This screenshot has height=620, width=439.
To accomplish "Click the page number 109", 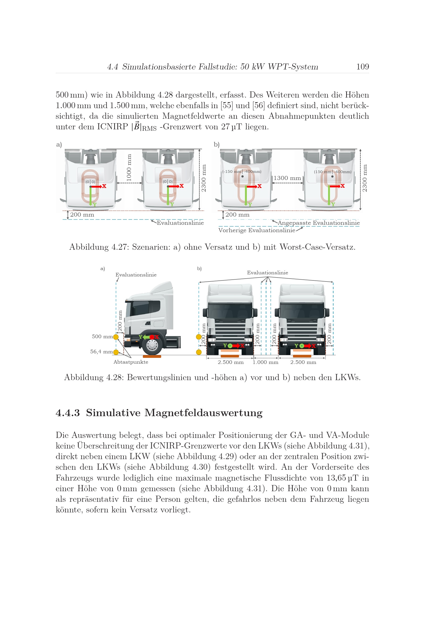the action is point(363,67).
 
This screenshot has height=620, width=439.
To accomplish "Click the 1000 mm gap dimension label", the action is point(129,168).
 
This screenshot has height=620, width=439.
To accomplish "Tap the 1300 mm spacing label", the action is point(287,178).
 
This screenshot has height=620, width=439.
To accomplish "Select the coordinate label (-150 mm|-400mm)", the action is point(242,172).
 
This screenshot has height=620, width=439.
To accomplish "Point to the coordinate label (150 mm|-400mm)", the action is point(333,172).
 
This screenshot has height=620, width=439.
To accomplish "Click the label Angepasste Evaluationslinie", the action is point(319,223).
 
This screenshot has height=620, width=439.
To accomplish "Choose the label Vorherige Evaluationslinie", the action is point(257,230).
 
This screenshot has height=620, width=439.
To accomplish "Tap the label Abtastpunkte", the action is point(131,362).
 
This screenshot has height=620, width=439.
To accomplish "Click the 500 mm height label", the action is point(102,336).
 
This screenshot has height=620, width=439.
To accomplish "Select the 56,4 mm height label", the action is point(102,351).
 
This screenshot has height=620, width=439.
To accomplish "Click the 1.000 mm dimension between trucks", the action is point(265,362).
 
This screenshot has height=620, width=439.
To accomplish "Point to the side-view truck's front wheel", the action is point(152,345).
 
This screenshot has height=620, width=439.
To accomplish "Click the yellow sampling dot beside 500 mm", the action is point(116,337).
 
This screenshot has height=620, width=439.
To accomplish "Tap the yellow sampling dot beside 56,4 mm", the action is point(116,352).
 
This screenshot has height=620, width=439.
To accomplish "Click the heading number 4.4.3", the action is point(68,413).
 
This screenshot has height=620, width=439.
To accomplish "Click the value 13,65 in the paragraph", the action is point(336,478).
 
